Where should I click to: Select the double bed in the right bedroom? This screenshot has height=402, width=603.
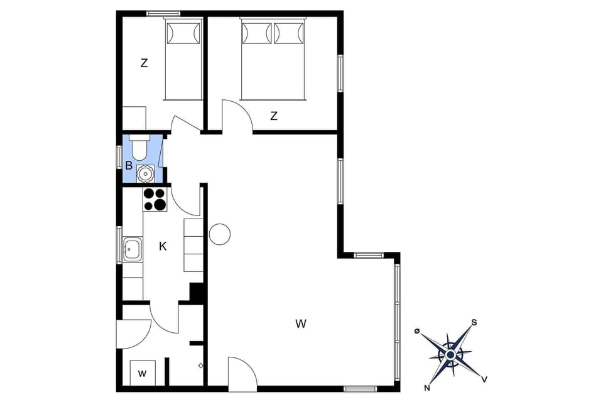(x=273, y=59)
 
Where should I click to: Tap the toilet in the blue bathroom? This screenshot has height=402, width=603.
(x=139, y=149)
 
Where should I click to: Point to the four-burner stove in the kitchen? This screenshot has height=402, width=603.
(x=155, y=199)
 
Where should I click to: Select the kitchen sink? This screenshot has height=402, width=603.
(x=132, y=249)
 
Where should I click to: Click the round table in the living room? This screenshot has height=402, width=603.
(x=220, y=234)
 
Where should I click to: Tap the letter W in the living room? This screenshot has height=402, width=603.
(x=301, y=324)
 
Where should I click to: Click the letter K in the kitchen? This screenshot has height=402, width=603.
(x=163, y=247)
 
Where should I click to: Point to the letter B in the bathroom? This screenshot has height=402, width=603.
(x=128, y=166)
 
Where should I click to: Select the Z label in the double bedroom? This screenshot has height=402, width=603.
(x=274, y=116)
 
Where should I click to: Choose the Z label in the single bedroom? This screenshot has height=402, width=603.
(x=144, y=63)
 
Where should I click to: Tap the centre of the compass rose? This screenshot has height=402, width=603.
(x=450, y=355)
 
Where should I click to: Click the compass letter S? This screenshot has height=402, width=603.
(x=474, y=322)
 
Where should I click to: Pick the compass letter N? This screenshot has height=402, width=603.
(x=427, y=387)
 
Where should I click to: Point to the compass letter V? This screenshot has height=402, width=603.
(x=484, y=379)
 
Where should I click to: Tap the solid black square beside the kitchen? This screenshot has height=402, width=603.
(x=198, y=293)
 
